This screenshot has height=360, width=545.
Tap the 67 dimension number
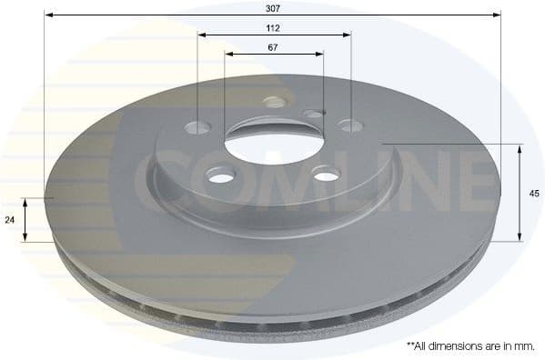[x=274, y=46]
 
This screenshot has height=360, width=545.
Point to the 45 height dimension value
[x=534, y=193]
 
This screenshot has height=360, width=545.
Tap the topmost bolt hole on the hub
[x=273, y=102]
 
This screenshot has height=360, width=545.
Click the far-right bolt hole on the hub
[x=350, y=125]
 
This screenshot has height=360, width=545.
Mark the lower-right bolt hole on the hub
[x=326, y=173]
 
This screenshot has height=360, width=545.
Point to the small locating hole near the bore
[x=314, y=115]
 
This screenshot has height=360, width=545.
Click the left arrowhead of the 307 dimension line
[x=48, y=15]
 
